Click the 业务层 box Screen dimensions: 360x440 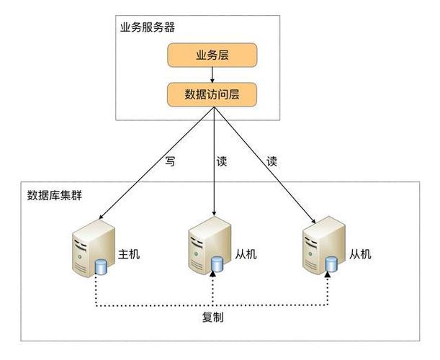(x=212, y=55)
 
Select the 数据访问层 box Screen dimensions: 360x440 (x=212, y=94)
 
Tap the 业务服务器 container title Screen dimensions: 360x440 (x=148, y=28)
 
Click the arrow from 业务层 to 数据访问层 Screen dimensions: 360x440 (x=212, y=74)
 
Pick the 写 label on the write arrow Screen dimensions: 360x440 (x=170, y=162)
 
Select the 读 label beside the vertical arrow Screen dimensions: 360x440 (x=222, y=162)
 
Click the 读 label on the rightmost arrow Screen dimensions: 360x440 (x=272, y=162)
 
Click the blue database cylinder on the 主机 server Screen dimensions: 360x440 (x=100, y=269)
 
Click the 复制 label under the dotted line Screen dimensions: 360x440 (x=212, y=318)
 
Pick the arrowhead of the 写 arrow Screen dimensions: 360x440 (x=102, y=217)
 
